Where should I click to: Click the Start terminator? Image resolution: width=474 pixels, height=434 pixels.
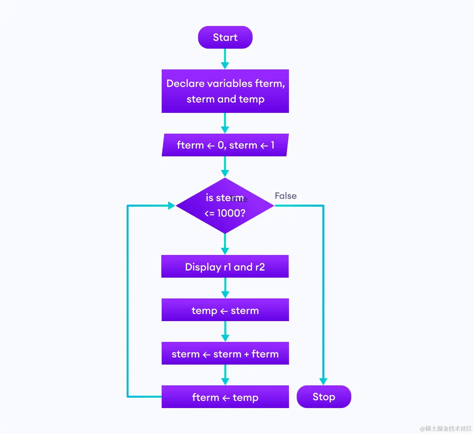(x=225, y=38)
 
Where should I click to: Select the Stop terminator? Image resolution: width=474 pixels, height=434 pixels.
(x=324, y=397)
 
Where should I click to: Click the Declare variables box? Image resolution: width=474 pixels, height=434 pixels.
(x=225, y=91)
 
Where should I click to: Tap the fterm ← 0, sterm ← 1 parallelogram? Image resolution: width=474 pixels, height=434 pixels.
(x=225, y=145)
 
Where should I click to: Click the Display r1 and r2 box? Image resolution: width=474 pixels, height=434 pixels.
(x=225, y=267)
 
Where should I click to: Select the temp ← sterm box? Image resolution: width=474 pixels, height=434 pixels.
(x=225, y=310)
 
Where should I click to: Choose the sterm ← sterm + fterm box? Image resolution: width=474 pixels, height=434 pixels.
(x=225, y=354)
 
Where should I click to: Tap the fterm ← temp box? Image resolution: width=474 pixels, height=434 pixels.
(x=225, y=397)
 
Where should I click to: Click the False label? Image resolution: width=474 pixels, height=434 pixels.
(x=285, y=196)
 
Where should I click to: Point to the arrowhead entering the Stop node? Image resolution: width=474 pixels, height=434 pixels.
(x=323, y=381)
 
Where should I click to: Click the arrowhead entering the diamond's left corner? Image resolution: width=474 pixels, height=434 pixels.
(x=171, y=205)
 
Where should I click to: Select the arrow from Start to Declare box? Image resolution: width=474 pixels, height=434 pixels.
(x=225, y=58)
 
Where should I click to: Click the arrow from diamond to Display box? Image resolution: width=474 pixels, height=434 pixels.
(x=225, y=244)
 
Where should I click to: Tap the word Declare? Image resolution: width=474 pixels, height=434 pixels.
(x=185, y=84)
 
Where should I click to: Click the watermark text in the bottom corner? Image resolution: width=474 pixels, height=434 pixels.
(x=445, y=428)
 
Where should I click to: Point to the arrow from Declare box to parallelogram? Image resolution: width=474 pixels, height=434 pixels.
(x=225, y=123)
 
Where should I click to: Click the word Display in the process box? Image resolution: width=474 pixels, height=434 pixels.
(x=203, y=267)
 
